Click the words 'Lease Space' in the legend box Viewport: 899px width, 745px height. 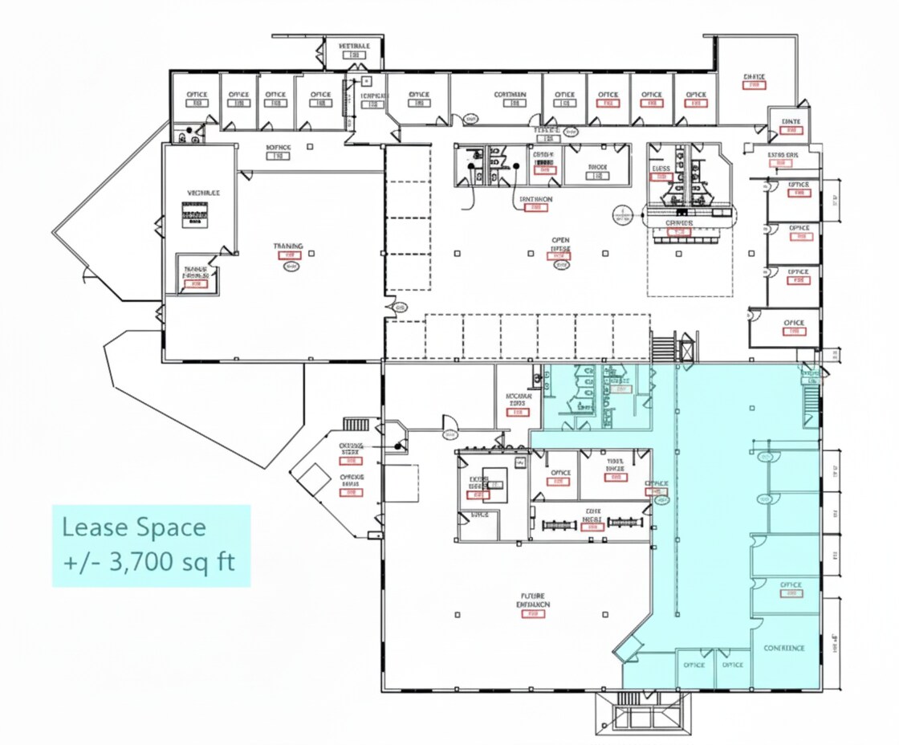(134, 527)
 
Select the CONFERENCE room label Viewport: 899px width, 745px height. (783, 648)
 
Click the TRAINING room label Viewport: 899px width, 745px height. (288, 246)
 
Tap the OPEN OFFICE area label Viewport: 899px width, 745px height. (559, 244)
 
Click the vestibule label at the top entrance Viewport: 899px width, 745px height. (354, 47)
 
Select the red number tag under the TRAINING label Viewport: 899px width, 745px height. (288, 255)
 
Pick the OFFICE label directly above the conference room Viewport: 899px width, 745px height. (791, 585)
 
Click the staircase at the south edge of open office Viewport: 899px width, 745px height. (663, 349)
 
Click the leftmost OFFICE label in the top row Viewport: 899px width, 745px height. (197, 95)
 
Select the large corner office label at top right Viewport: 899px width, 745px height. (754, 78)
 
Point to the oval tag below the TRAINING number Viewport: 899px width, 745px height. (289, 268)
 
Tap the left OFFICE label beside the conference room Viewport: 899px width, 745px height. (694, 665)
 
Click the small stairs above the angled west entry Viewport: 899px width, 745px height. (356, 424)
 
